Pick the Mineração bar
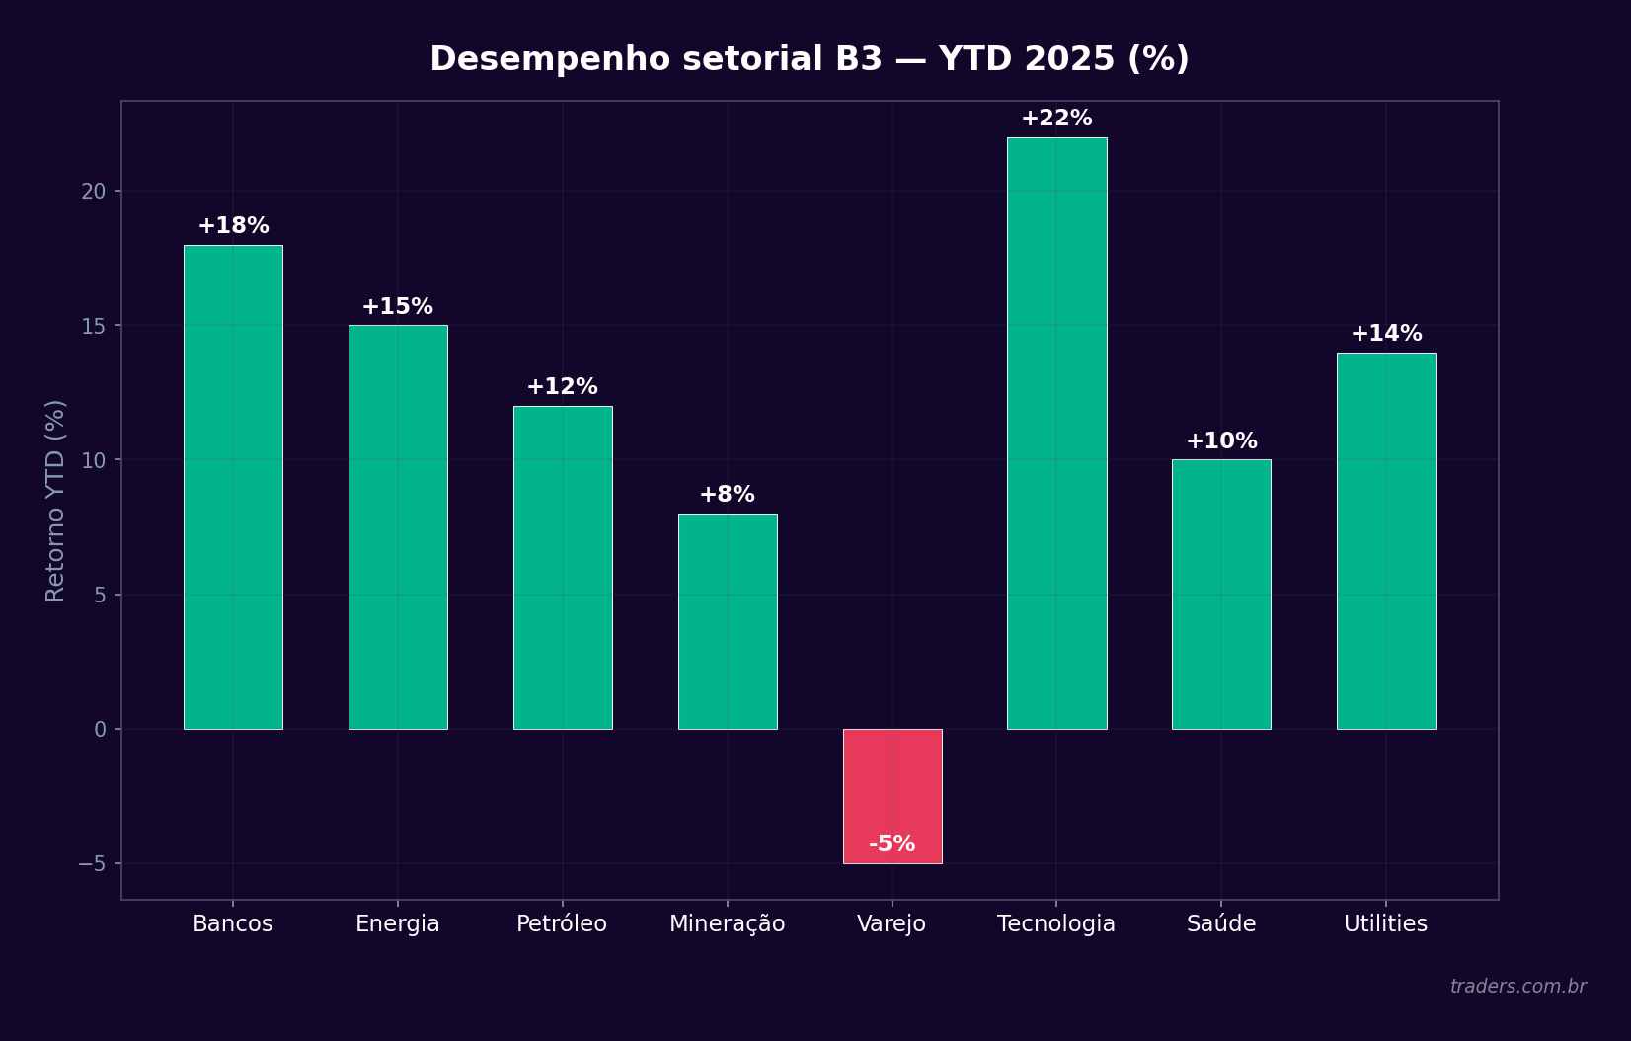coord(728,621)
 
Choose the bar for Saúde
coord(1221,594)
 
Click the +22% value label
coord(1056,119)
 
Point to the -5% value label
coord(893,844)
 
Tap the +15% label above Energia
coord(397,307)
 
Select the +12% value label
coord(562,387)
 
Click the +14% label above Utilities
coord(1386,334)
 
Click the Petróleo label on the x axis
coord(562,924)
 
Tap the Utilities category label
coord(1385,924)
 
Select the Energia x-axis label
coord(397,924)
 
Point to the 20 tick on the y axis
coord(93,192)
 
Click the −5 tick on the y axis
coord(92,864)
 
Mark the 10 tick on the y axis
coord(93,460)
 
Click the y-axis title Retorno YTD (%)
coord(55,500)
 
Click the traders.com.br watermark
coord(1517,987)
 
